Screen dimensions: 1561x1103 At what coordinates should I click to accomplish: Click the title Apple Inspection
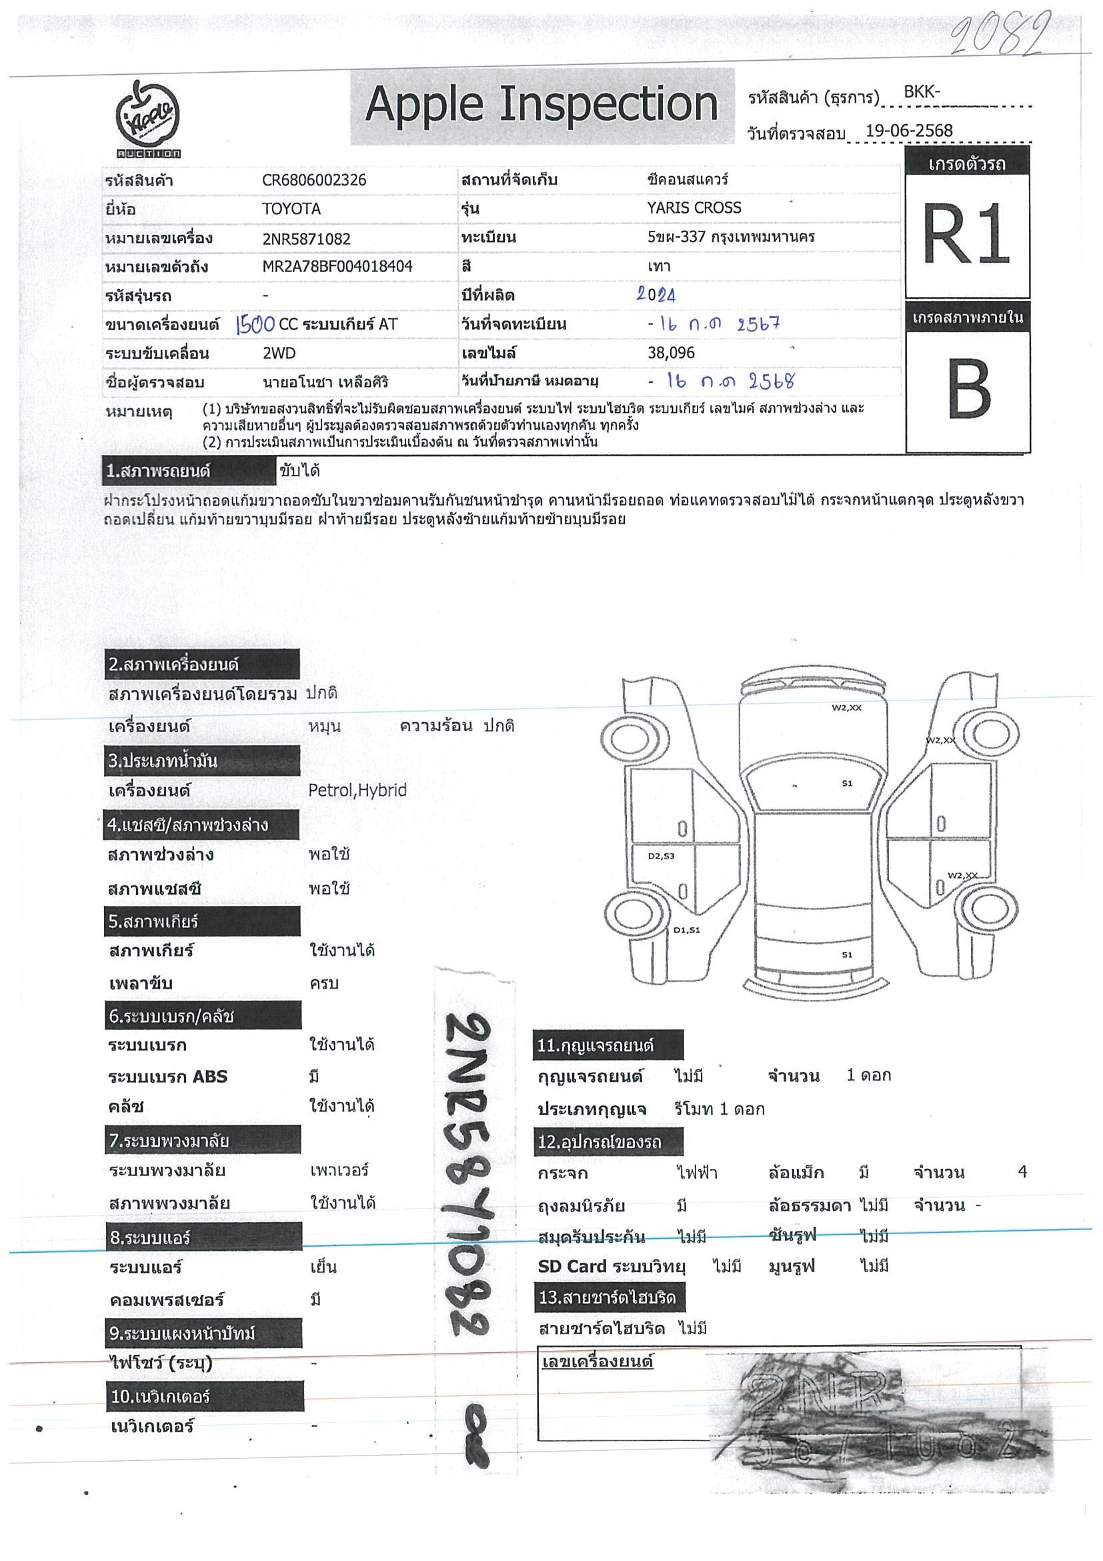point(541,105)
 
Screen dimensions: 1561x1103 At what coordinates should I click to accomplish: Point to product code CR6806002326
point(314,180)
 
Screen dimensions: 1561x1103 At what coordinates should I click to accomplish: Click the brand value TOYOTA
point(291,209)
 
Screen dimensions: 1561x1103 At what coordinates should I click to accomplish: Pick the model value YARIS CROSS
point(694,208)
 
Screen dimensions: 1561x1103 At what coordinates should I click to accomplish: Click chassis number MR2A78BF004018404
point(337,267)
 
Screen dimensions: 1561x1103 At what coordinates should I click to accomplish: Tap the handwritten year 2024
point(656,294)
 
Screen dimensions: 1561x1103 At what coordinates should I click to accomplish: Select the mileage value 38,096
point(672,353)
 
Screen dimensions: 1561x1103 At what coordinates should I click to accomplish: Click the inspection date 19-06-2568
point(909,131)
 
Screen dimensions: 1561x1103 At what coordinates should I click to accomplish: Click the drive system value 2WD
point(279,354)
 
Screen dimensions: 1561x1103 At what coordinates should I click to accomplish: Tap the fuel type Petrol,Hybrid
point(357,790)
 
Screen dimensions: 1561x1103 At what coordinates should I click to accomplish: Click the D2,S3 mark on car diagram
point(661,856)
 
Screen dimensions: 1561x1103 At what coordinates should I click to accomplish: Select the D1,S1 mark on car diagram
point(686,930)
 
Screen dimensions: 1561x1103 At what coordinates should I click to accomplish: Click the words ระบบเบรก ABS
point(168,1077)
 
